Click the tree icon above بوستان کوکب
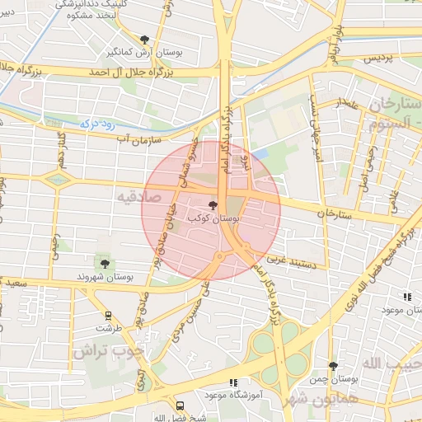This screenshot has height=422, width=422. tap(213, 205)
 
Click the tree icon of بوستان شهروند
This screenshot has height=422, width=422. tap(104, 263)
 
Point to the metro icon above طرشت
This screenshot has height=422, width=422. tap(108, 316)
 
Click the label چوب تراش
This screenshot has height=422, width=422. tap(108, 350)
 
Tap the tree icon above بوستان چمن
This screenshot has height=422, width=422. tap(333, 366)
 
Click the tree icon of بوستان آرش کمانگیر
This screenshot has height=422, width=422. tap(145, 40)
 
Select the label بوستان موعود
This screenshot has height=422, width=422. tap(401, 310)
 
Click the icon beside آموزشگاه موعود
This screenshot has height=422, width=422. tap(233, 383)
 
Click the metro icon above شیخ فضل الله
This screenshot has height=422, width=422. tap(181, 406)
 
